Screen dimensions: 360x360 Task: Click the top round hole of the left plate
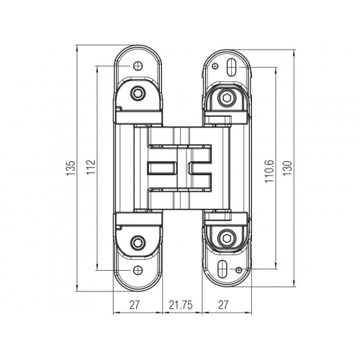[135, 67]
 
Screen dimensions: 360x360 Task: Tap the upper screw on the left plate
[138, 94]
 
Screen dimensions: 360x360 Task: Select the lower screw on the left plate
[138, 242]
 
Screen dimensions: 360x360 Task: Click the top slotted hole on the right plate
[228, 67]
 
